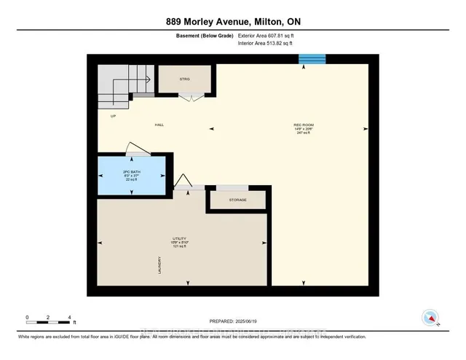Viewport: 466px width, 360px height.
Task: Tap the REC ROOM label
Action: (x=303, y=126)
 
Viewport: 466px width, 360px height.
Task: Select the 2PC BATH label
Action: (x=132, y=173)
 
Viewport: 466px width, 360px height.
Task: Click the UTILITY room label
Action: (x=180, y=239)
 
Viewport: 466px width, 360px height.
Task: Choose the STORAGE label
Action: (x=237, y=200)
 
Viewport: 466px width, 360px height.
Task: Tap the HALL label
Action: (x=159, y=125)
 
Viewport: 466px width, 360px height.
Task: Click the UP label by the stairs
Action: (x=113, y=116)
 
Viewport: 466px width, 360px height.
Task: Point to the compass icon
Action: (x=430, y=318)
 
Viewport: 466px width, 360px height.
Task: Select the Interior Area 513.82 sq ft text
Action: (x=271, y=44)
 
